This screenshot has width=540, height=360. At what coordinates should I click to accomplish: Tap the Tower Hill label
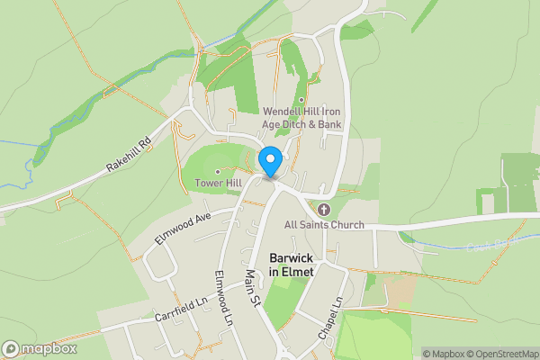coord(218,184)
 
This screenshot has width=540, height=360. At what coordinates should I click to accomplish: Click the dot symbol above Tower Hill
coord(218,171)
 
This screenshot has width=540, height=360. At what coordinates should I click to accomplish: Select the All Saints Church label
coord(324,224)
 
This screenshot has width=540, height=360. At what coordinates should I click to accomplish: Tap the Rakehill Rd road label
coord(130,155)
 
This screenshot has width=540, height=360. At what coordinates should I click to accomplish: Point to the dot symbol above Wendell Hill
coord(301,101)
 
